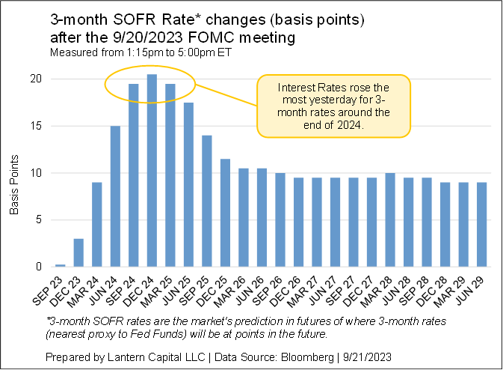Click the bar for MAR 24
(97, 225)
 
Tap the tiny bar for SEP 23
(61, 265)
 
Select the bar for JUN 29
(482, 224)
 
